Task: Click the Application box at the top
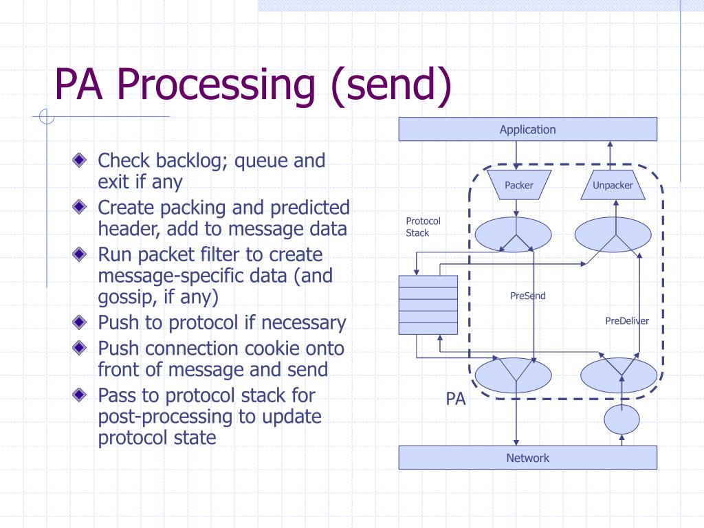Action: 527,129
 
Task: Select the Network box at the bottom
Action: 527,457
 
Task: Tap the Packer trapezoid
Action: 519,185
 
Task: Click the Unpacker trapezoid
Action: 613,185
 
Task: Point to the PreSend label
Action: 527,296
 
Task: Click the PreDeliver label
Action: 627,320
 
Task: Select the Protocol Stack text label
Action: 423,227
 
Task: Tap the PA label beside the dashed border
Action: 455,399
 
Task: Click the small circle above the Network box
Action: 621,419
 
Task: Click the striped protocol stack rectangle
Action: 428,305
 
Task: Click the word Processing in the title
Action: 216,85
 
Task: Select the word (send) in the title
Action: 390,85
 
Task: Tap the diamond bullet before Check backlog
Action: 80,159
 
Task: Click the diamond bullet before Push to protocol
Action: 80,322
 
